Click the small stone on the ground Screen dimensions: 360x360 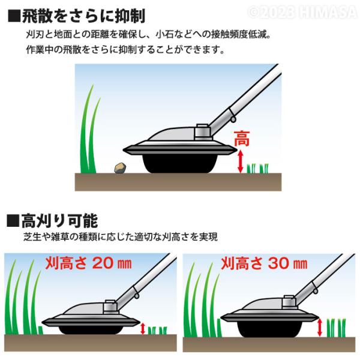[120, 168]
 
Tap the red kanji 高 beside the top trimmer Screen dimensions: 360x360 [242, 139]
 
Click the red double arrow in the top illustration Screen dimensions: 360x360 [240, 161]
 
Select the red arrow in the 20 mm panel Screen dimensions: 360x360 [143, 329]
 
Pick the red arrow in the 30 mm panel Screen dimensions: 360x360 [319, 328]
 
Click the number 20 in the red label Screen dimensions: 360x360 [103, 263]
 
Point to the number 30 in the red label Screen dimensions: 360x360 [279, 263]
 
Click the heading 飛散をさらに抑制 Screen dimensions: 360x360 [83, 16]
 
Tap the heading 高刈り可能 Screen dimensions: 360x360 [59, 221]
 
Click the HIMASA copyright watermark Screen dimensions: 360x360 [303, 12]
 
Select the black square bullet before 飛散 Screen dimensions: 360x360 [14, 16]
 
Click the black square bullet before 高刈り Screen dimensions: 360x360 [13, 221]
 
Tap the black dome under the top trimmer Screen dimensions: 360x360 [180, 163]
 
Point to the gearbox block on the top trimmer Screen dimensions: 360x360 [202, 132]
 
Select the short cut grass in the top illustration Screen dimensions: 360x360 [257, 168]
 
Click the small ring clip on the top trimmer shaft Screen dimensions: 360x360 [233, 119]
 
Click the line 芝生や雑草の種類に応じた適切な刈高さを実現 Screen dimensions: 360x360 [121, 237]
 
